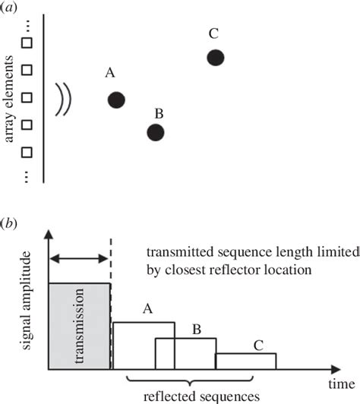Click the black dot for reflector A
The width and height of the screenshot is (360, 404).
[x=116, y=99]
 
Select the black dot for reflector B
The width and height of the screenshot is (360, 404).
[x=156, y=132]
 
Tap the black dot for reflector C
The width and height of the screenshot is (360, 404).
[x=216, y=57]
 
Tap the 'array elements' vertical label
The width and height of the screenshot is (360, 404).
[x=10, y=99]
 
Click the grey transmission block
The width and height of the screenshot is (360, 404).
[x=80, y=325]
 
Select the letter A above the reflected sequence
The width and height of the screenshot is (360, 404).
[x=148, y=309]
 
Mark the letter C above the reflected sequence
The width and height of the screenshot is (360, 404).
[x=257, y=344]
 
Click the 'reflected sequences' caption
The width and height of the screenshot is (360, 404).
[x=202, y=396]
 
